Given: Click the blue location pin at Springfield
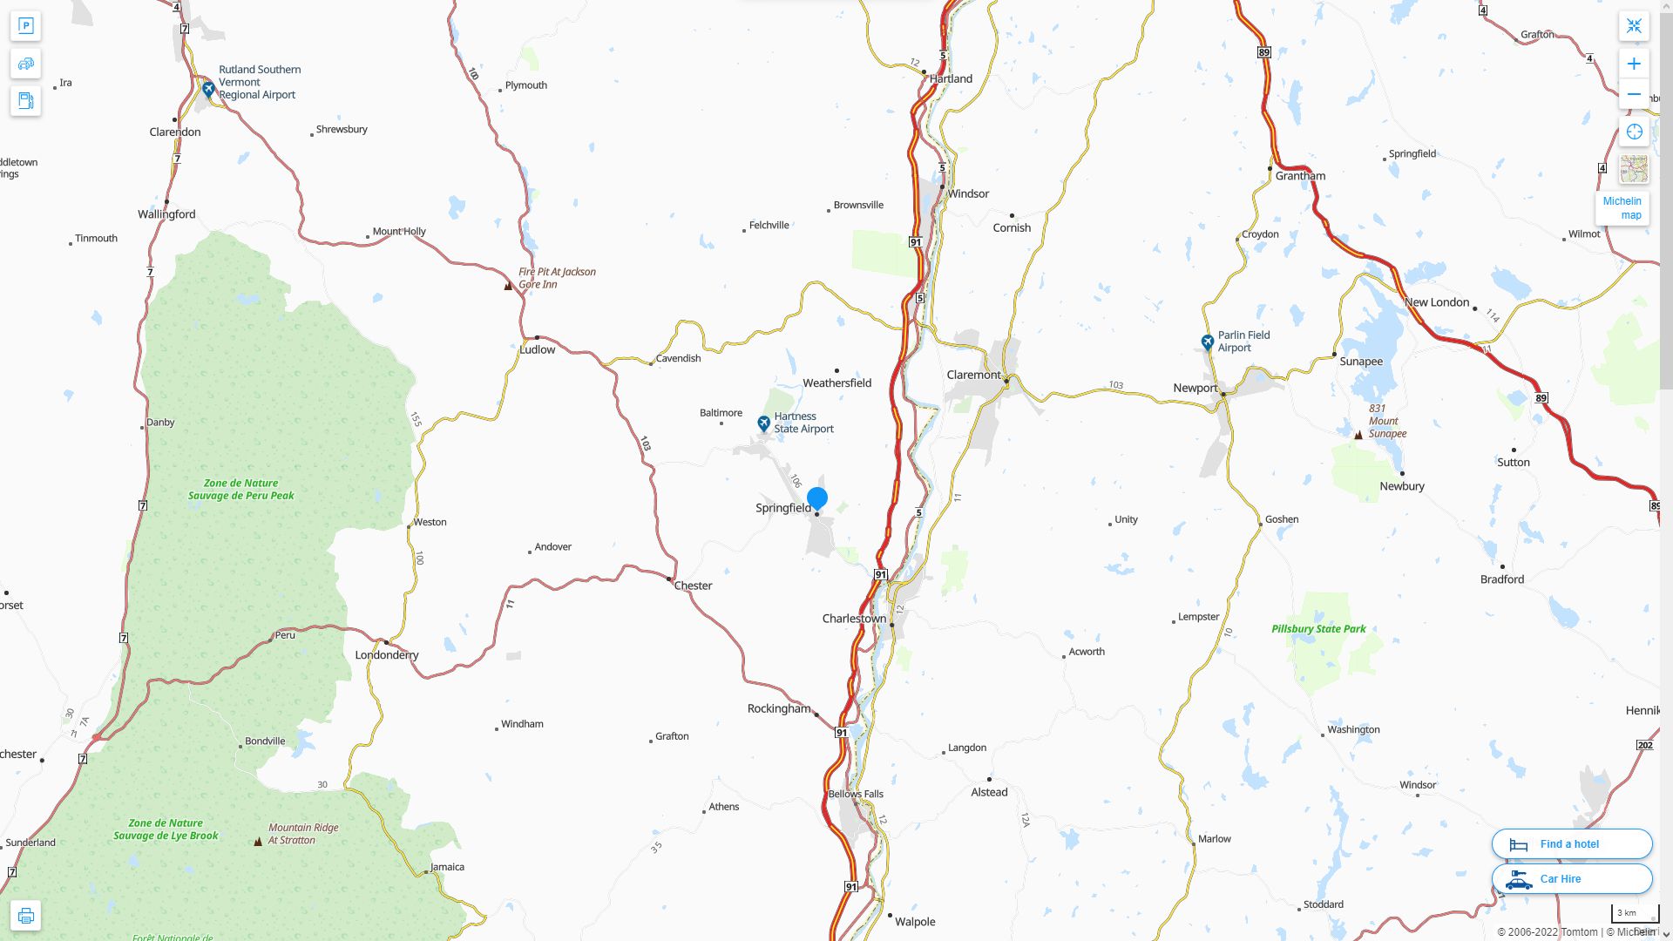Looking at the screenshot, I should [816, 498].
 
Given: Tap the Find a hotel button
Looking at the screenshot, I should [1571, 843].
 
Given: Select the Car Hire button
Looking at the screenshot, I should [1571, 878].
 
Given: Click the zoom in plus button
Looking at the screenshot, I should [1634, 64].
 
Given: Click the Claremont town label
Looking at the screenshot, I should [973, 375].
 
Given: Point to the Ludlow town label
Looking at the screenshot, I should [537, 349].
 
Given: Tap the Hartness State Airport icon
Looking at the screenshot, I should [764, 423].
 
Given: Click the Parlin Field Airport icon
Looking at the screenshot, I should [1207, 342].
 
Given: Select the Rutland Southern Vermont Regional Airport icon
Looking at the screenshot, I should [208, 89].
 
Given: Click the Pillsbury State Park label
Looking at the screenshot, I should [1318, 628].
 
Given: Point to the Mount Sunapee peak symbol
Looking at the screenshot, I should [1358, 434].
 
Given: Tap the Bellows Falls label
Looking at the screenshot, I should [855, 794].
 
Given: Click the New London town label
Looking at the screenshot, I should [1436, 302].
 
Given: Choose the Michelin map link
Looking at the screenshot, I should [1622, 208].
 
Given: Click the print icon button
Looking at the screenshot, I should [25, 916].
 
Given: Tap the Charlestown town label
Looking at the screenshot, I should [854, 619].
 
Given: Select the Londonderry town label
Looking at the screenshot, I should [387, 654].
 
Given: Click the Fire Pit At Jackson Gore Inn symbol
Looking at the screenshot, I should [509, 285].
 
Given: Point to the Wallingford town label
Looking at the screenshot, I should [166, 214].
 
